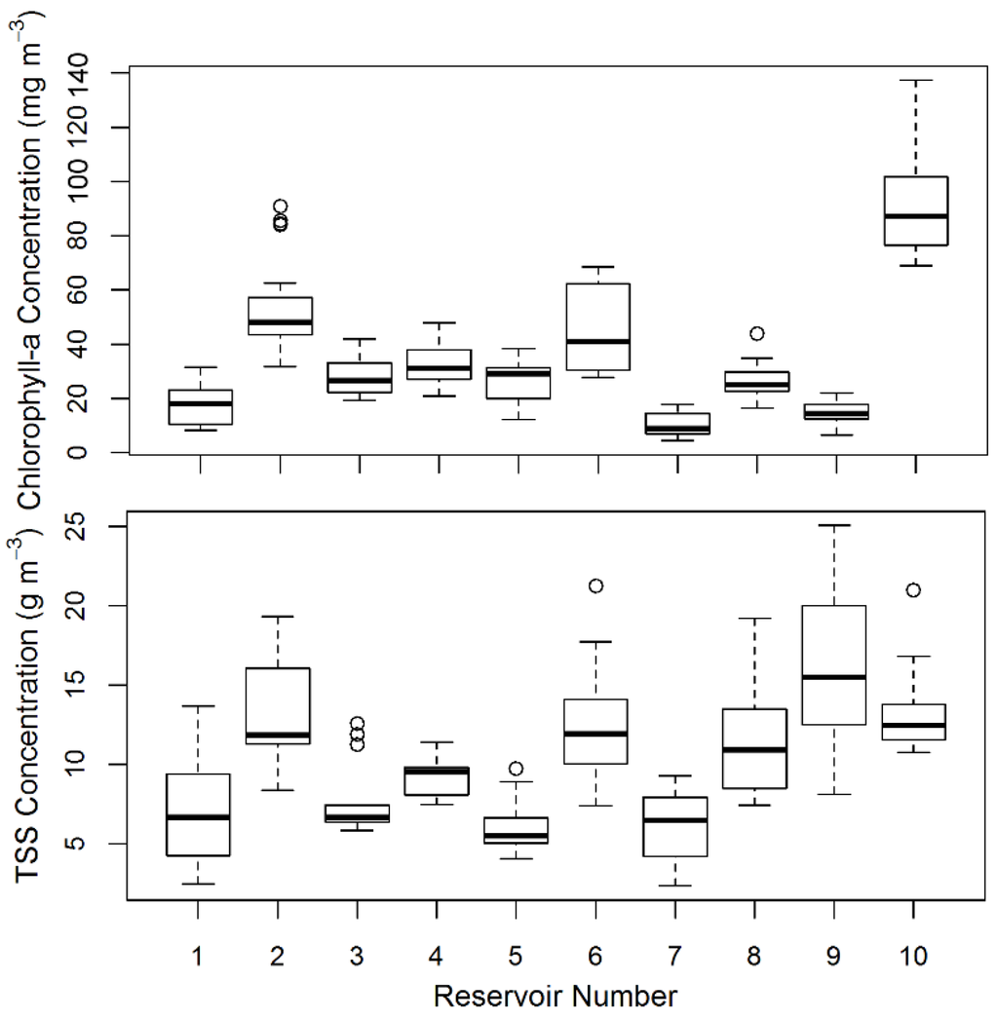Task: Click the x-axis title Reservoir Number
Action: [x=555, y=996]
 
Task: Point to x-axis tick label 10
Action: [x=913, y=957]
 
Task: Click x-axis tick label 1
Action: [x=199, y=957]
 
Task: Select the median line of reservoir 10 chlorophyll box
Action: [x=915, y=215]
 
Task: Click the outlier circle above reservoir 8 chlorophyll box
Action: [x=756, y=333]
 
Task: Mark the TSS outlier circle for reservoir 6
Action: [x=595, y=586]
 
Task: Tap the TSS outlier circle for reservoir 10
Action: [x=913, y=589]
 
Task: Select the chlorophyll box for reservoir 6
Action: [x=596, y=326]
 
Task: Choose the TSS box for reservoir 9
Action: [x=834, y=664]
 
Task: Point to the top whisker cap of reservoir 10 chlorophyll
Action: [x=915, y=80]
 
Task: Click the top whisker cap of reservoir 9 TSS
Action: [x=834, y=525]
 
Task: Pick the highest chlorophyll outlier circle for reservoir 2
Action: [x=281, y=206]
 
